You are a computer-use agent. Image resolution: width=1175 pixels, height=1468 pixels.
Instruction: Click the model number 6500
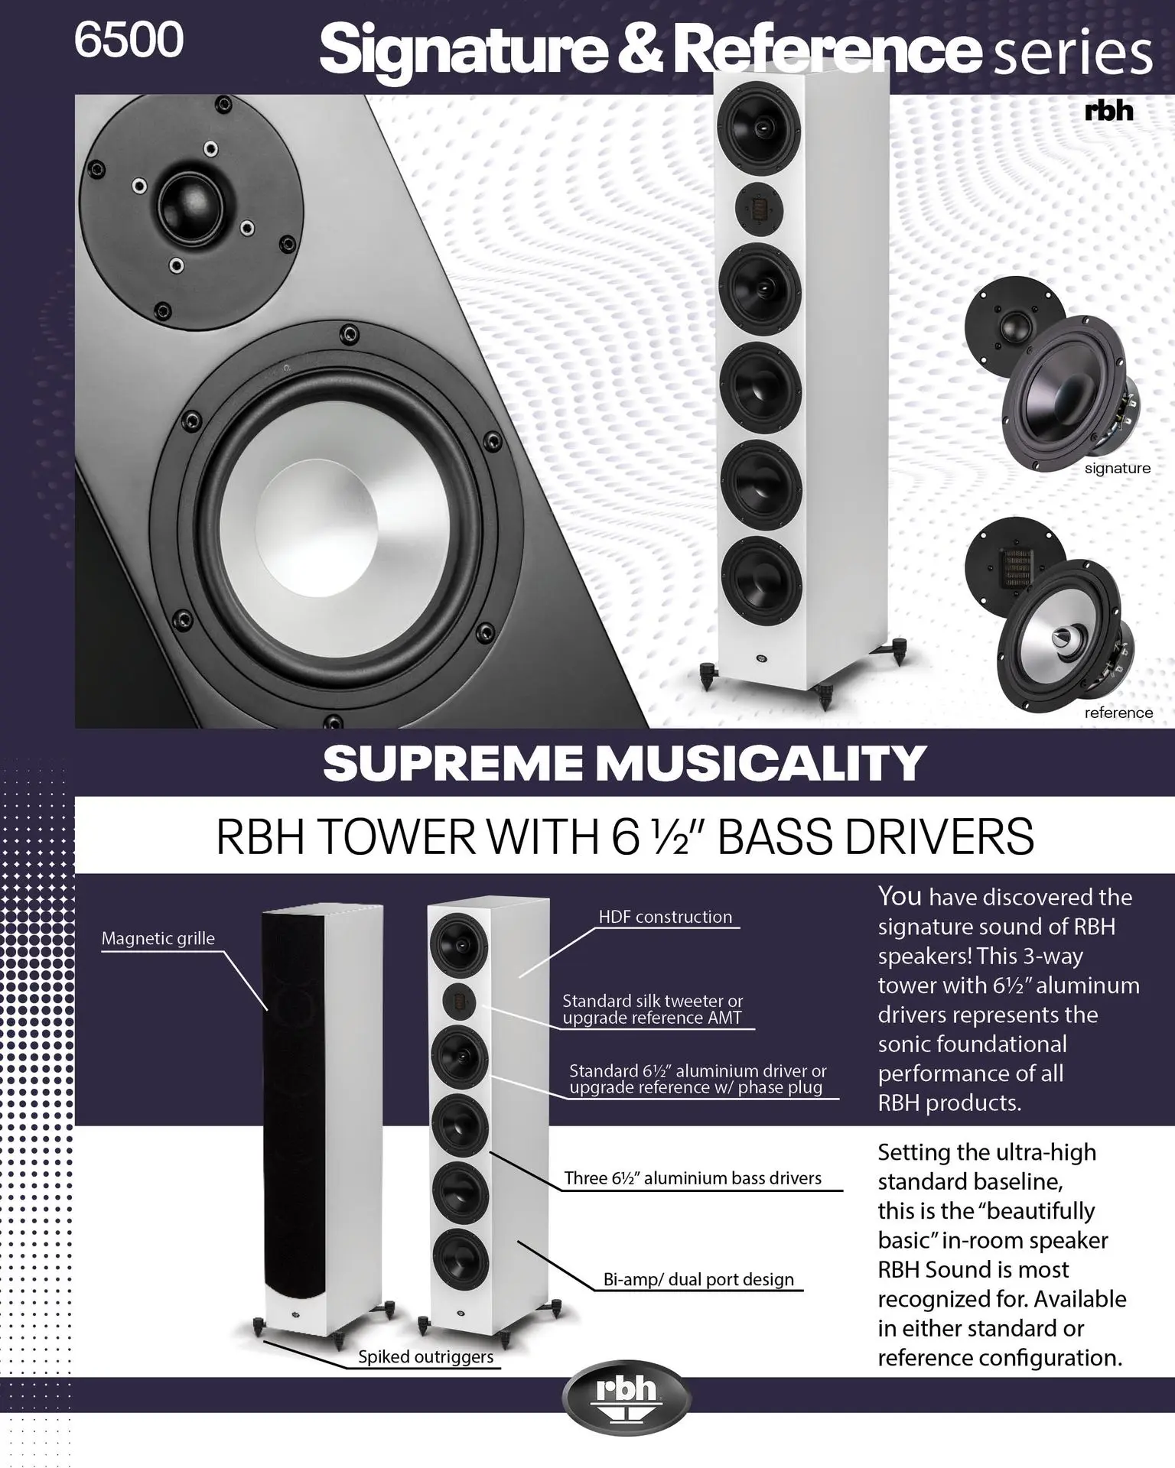tap(129, 40)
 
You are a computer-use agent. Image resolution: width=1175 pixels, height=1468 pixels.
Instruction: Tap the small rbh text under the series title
tap(1108, 112)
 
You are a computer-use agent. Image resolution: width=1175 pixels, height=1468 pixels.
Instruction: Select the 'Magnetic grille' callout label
tap(158, 938)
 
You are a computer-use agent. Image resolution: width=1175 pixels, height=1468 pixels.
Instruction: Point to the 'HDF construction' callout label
tap(665, 917)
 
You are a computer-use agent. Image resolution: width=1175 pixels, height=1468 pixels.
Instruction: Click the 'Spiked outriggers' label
tap(426, 1357)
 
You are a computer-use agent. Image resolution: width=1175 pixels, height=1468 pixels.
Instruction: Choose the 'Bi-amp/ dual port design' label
tap(698, 1279)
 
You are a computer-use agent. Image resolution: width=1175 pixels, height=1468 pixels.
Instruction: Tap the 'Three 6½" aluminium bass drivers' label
tap(692, 1177)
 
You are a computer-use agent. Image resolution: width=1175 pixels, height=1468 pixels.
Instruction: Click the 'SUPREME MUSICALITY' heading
tap(624, 763)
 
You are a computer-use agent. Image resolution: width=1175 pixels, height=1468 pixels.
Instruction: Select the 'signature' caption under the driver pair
tap(1117, 468)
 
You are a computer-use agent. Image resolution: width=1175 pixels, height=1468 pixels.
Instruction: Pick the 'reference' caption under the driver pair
tap(1118, 713)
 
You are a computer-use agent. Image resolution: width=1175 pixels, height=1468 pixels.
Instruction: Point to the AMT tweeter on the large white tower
tap(759, 206)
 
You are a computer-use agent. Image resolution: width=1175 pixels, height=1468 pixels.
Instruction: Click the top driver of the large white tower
tap(759, 122)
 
